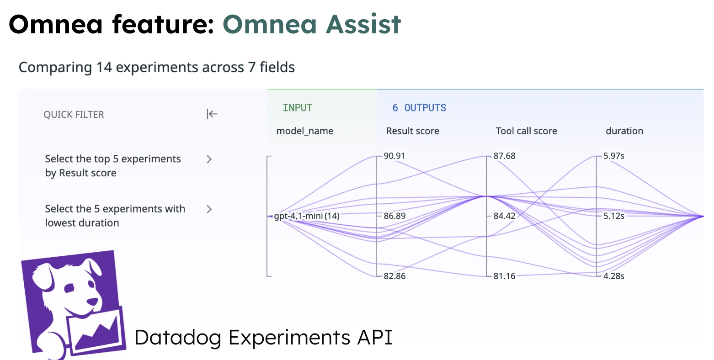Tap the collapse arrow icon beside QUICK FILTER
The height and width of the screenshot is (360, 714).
pyautogui.click(x=212, y=114)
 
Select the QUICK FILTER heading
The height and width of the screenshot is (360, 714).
pyautogui.click(x=74, y=114)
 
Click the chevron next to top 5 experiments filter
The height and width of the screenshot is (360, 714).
pyautogui.click(x=209, y=159)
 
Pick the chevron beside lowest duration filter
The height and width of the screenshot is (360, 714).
pyautogui.click(x=209, y=209)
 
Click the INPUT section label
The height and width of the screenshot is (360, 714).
pyautogui.click(x=298, y=108)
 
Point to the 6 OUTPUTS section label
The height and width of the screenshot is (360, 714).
pyautogui.click(x=419, y=108)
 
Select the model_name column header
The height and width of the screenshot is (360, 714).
pyautogui.click(x=305, y=131)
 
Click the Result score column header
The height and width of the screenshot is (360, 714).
pyautogui.click(x=412, y=131)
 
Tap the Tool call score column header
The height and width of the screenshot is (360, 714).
pyautogui.click(x=526, y=131)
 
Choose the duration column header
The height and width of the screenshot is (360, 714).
pyautogui.click(x=624, y=131)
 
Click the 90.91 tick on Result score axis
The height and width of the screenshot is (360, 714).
pyautogui.click(x=394, y=156)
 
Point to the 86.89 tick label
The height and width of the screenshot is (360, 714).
pyautogui.click(x=394, y=216)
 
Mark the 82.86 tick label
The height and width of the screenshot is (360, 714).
pyautogui.click(x=394, y=276)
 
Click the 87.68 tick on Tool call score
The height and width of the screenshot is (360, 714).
pyautogui.click(x=504, y=156)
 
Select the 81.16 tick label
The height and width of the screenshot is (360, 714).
pyautogui.click(x=504, y=276)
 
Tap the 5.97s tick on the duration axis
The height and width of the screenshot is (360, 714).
pyautogui.click(x=613, y=156)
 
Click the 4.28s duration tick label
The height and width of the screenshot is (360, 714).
pyautogui.click(x=613, y=276)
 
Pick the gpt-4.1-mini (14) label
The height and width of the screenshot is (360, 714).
pyautogui.click(x=307, y=216)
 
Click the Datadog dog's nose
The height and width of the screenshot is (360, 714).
pyautogui.click(x=92, y=302)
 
